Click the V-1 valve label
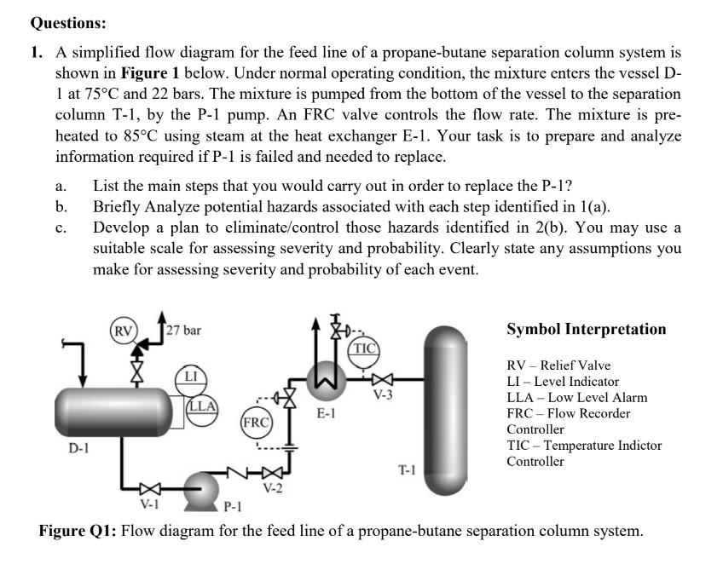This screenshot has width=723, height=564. (x=149, y=504)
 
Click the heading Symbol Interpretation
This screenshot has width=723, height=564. (x=587, y=329)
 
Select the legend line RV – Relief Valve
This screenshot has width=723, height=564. (x=558, y=365)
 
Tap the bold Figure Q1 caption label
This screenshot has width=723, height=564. (x=79, y=532)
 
